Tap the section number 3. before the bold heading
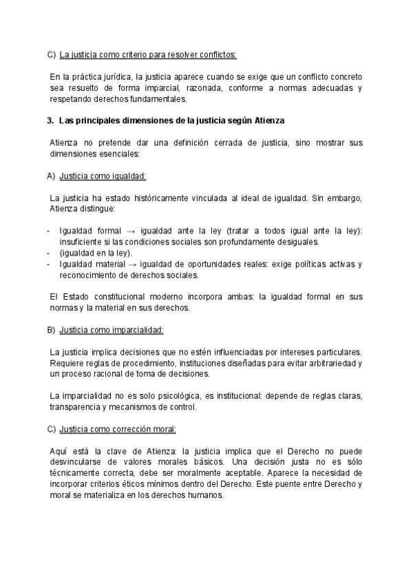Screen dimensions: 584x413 point(50,121)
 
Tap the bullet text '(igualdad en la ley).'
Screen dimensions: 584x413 point(96,253)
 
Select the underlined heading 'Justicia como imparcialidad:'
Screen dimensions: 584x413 point(112,330)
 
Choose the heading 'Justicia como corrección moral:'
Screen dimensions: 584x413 point(118,429)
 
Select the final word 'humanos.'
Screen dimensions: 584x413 point(206,495)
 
